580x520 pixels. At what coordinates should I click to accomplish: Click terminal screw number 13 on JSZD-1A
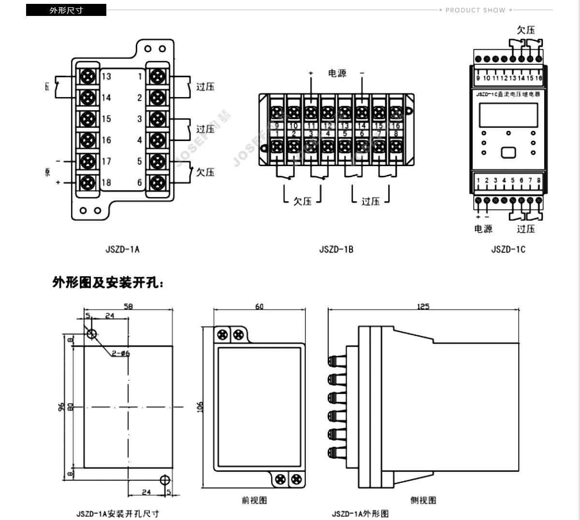tap(87, 76)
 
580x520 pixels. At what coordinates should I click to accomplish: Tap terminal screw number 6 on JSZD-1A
tap(157, 183)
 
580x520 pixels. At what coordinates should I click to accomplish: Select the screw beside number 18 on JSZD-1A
tap(87, 183)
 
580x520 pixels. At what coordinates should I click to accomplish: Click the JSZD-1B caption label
tap(336, 250)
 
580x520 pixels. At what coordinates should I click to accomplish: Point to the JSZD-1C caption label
tap(508, 250)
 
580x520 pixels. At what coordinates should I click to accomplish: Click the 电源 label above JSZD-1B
tap(337, 73)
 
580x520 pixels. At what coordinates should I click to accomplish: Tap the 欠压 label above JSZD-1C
tap(526, 30)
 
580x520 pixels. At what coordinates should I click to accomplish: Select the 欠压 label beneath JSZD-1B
tap(303, 201)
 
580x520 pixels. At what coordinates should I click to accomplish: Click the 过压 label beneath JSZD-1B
tap(370, 201)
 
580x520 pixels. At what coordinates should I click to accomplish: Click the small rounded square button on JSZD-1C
tap(508, 153)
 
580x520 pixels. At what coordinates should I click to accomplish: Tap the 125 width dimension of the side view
tap(423, 307)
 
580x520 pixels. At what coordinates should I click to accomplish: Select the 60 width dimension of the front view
tap(259, 307)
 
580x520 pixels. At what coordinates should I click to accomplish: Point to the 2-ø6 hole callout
tap(121, 353)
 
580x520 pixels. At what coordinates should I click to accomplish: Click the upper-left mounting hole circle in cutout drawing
tap(91, 334)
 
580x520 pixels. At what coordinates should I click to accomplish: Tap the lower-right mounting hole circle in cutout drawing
tap(164, 479)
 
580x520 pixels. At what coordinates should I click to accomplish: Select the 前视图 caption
tap(254, 500)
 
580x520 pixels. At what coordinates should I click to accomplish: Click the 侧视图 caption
tap(423, 500)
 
